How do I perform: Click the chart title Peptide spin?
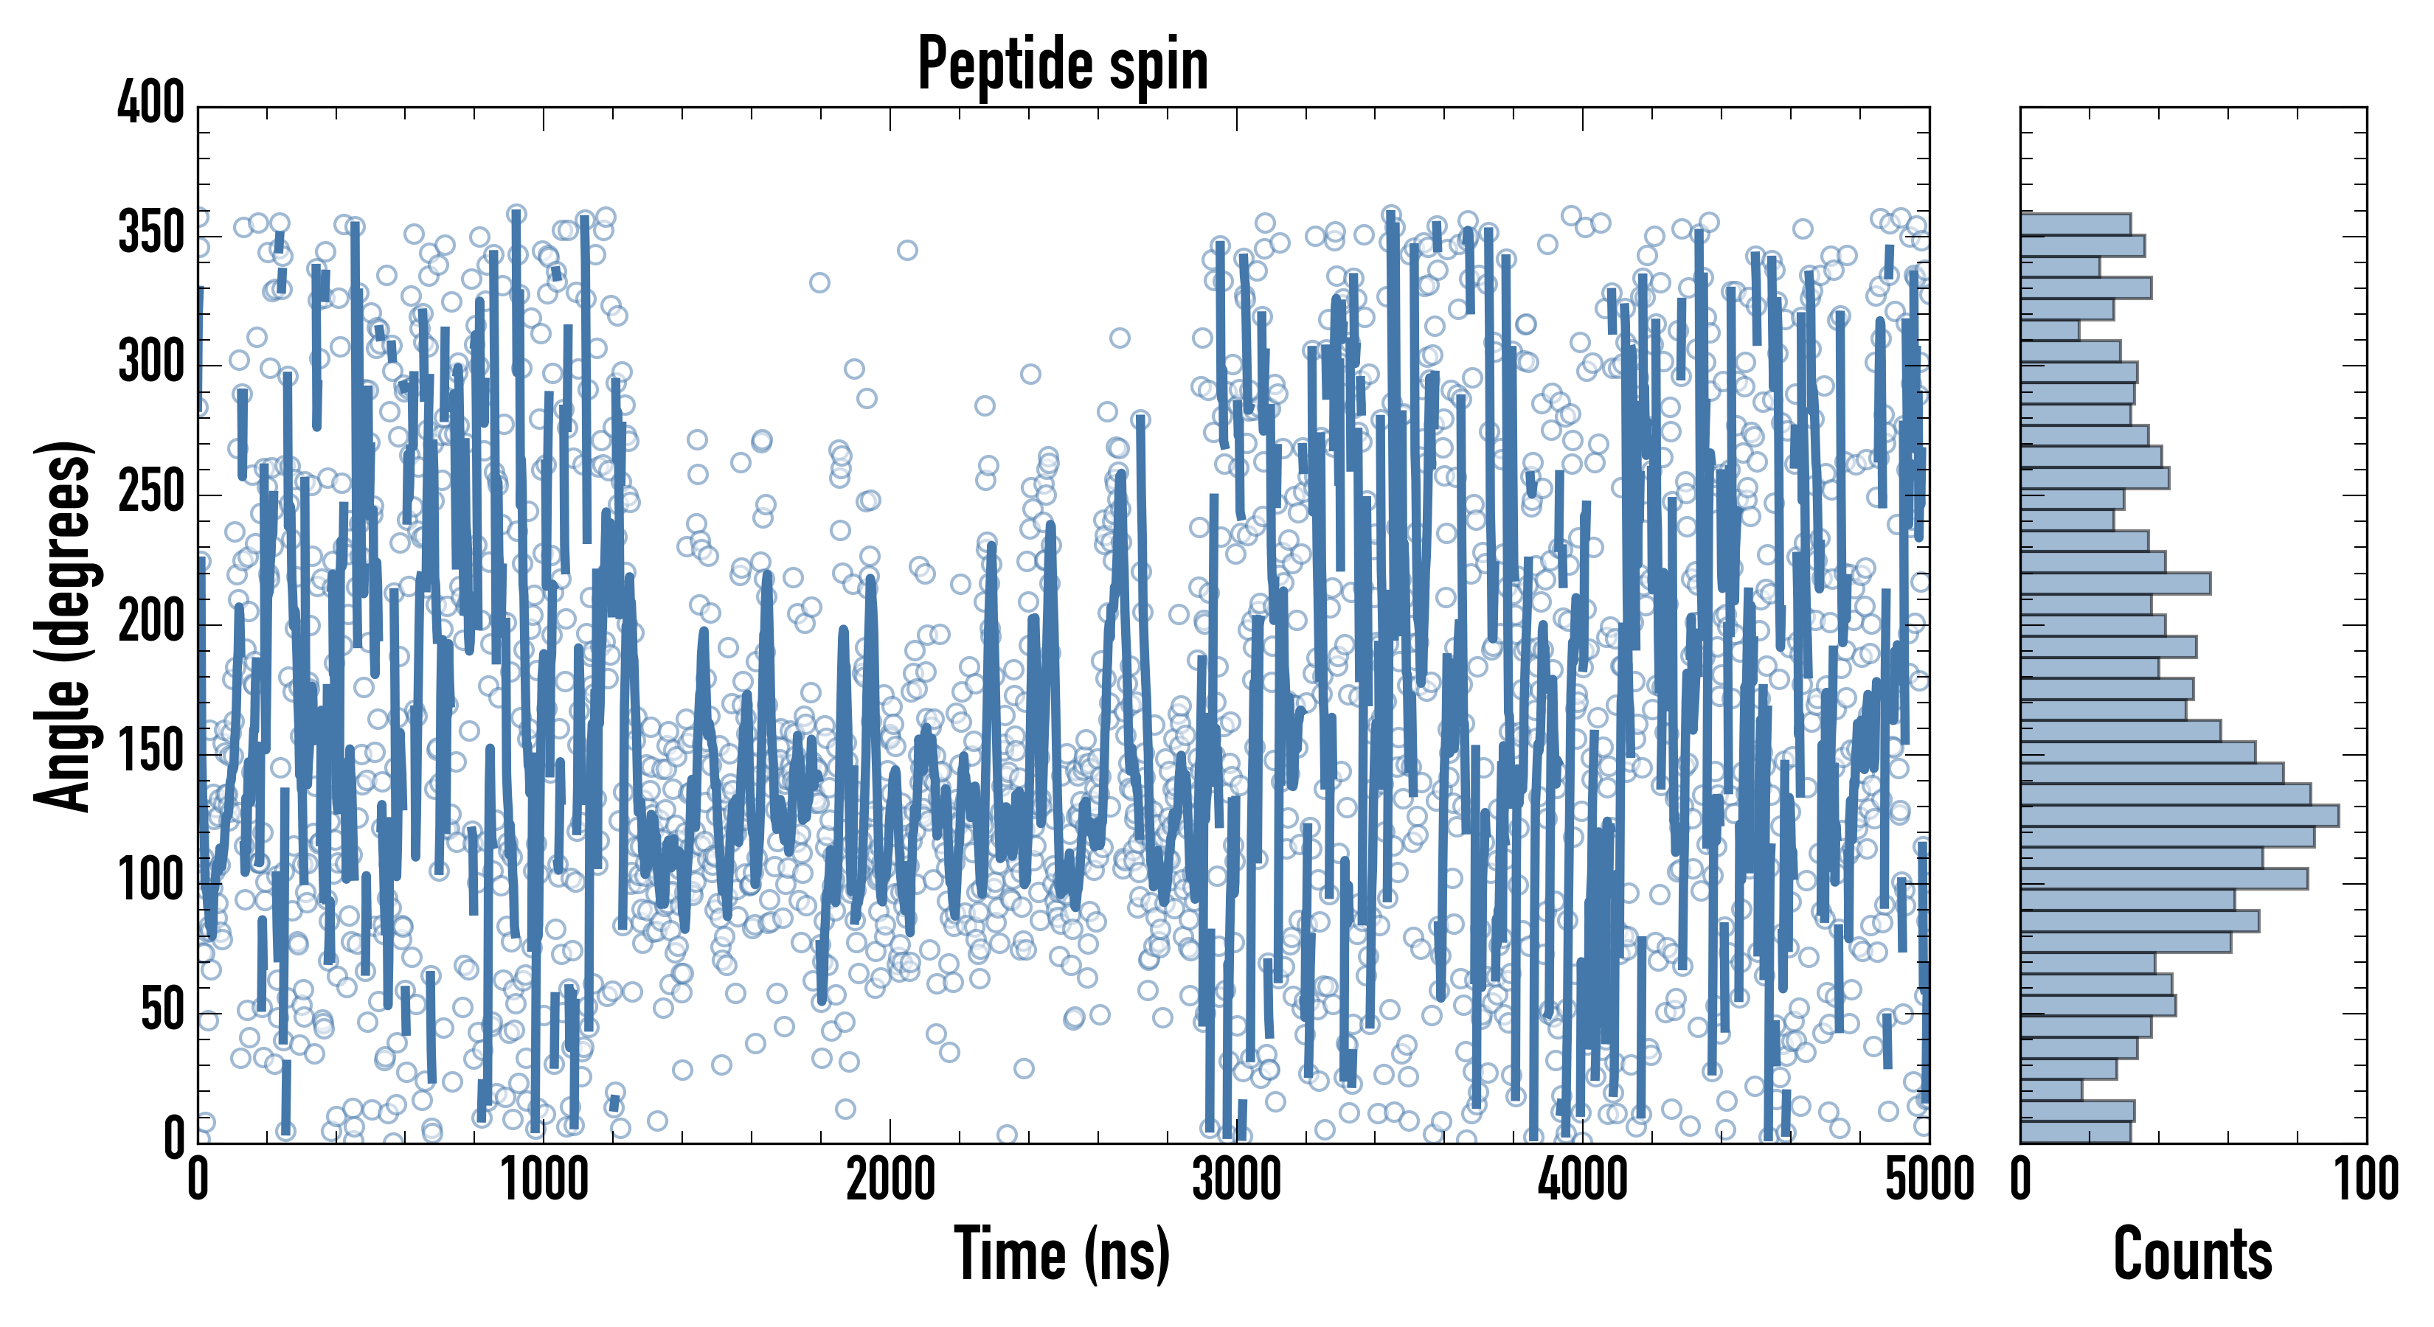click(x=1063, y=64)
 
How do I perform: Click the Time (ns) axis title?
click(x=1063, y=1254)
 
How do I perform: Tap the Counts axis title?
click(x=2193, y=1254)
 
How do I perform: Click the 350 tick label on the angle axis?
click(x=151, y=233)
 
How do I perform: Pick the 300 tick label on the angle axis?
click(x=151, y=363)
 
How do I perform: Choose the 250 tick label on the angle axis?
click(x=151, y=493)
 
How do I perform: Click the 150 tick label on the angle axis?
click(x=151, y=753)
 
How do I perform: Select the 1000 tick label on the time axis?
click(x=544, y=1180)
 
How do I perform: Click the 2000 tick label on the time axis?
click(x=890, y=1180)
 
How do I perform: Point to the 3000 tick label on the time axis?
click(x=1236, y=1180)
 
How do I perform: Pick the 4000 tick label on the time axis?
click(x=1583, y=1180)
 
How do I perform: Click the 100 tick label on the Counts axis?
click(x=2367, y=1180)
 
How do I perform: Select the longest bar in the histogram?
click(x=2179, y=816)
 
